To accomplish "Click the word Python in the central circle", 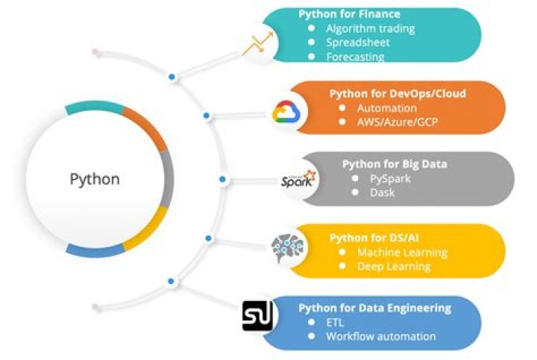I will tap(94, 180).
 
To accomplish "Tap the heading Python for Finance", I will tap(349, 14).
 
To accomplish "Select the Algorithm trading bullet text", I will tap(370, 29).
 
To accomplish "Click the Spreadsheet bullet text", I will tap(357, 43).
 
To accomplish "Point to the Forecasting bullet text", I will tap(355, 57).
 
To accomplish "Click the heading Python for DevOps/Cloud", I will tap(398, 94).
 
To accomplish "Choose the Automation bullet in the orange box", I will tap(387, 108).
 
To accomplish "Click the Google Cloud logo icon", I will tap(286, 113).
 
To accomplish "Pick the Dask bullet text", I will tap(382, 192).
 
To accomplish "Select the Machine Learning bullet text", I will tap(402, 252).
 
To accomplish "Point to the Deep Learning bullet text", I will tap(394, 266).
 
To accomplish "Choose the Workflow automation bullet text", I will tap(380, 336).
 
